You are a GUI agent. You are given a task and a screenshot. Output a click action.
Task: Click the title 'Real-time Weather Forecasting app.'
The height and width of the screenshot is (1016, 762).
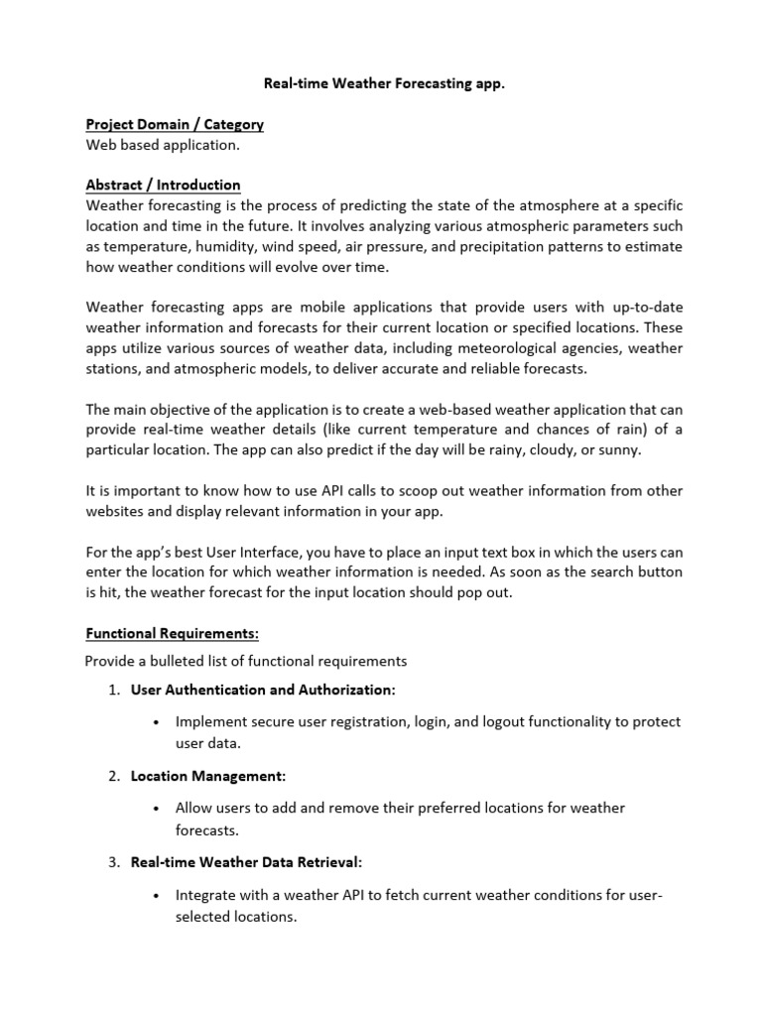[384, 85]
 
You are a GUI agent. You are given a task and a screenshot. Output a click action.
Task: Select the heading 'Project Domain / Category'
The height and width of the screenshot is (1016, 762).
[175, 125]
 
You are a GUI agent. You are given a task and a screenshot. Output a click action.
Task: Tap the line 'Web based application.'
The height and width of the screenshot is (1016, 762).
[163, 146]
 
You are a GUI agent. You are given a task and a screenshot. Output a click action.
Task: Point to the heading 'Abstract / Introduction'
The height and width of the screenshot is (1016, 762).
[163, 186]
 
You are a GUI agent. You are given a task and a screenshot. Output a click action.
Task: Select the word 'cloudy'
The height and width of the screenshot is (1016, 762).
[550, 448]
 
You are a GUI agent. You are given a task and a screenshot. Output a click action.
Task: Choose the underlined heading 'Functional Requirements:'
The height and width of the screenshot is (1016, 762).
[172, 632]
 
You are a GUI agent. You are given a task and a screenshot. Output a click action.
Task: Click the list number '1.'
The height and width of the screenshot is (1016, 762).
[114, 690]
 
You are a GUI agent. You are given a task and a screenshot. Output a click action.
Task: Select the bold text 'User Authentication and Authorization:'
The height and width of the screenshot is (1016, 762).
[263, 690]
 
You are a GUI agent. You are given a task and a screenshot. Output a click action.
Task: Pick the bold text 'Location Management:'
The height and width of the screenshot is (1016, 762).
[208, 776]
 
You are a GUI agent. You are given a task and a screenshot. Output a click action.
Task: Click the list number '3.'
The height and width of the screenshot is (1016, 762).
[114, 862]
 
